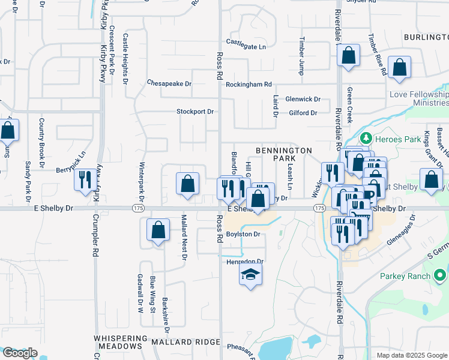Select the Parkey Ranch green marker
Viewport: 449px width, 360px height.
coord(440,276)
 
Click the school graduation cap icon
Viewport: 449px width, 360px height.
coord(250,275)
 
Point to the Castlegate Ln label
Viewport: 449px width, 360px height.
coord(246,42)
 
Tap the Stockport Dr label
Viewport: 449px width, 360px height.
coord(195,112)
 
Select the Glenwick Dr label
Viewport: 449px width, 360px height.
coord(303,99)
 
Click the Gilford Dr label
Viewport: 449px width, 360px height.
coord(303,113)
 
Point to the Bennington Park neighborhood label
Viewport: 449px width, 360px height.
coord(284,154)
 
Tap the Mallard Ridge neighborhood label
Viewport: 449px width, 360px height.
coord(178,341)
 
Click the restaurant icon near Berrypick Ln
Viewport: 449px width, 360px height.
coord(84,179)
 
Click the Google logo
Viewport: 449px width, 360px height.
coord(20,353)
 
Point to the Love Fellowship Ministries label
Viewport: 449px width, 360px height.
coord(418,98)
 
